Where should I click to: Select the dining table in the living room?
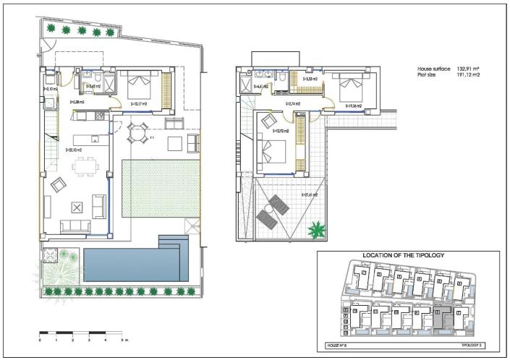(x=85, y=166)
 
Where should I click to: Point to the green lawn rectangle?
(x=160, y=189)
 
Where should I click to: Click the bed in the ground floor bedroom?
(x=139, y=86)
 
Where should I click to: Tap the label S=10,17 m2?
(x=138, y=104)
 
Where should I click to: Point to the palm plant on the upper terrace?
(x=316, y=231)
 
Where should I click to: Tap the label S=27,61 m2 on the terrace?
(x=311, y=194)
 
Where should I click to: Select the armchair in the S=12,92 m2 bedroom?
(x=268, y=121)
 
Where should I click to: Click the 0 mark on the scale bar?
(x=40, y=339)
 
